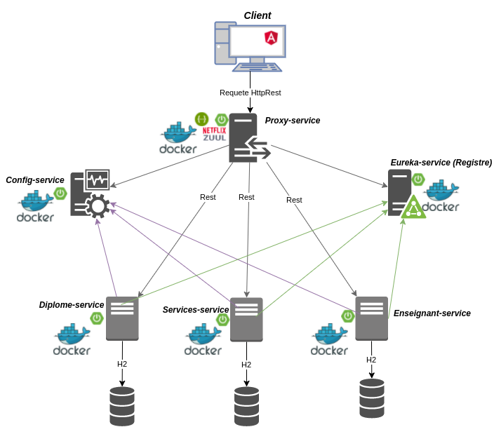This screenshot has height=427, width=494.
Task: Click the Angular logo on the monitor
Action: [x=271, y=38]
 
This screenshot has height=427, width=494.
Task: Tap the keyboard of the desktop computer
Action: [x=258, y=67]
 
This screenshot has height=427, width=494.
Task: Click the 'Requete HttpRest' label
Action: [x=250, y=93]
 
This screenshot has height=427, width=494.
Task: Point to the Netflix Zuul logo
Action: [x=214, y=134]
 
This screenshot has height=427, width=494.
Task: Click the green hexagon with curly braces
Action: [x=202, y=119]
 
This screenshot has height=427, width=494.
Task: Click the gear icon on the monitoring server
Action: [x=97, y=206]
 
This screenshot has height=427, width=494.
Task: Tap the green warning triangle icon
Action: [x=413, y=208]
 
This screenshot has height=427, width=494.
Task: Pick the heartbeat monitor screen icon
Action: [x=98, y=179]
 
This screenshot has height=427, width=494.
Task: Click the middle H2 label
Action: [x=246, y=365]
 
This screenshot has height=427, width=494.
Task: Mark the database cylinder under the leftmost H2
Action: [x=122, y=405]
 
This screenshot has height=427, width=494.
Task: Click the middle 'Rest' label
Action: [x=246, y=197]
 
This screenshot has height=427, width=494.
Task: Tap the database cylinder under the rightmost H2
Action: [x=371, y=398]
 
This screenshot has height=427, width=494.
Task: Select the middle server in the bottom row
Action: [x=246, y=319]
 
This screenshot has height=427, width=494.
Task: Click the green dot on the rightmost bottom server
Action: [x=348, y=316]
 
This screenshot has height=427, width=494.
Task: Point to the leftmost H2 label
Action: [x=122, y=364]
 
